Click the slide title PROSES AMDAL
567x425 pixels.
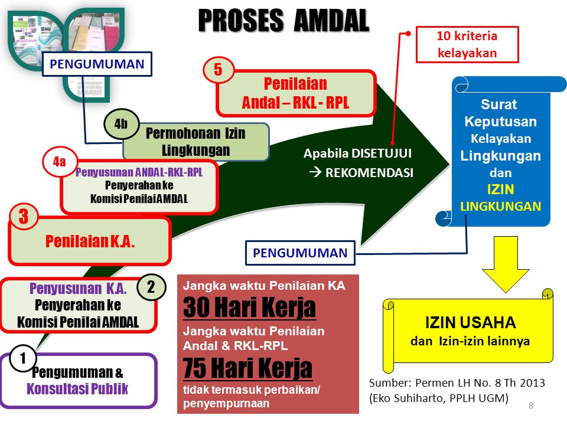click(283, 21)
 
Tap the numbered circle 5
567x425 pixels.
click(217, 71)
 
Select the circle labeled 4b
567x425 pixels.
click(121, 124)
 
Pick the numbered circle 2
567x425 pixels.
click(151, 287)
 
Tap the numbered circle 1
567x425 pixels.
click(23, 358)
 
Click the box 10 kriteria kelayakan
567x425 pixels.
click(467, 44)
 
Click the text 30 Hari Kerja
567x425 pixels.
click(249, 308)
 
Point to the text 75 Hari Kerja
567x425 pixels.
click(247, 369)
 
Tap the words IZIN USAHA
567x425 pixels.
click(470, 323)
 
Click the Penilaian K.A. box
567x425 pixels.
click(90, 241)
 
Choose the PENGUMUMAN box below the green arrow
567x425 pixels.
click(300, 253)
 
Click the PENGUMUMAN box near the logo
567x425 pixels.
click(97, 64)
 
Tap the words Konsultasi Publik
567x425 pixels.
click(77, 389)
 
